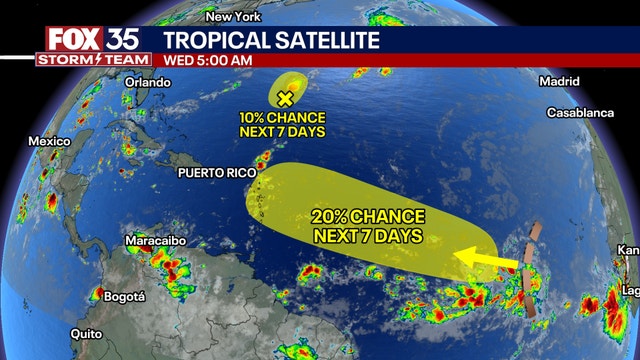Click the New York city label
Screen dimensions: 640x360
pyautogui.click(x=233, y=18)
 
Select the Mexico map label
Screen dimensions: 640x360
pyautogui.click(x=47, y=141)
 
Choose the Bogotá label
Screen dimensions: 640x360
pyautogui.click(x=124, y=296)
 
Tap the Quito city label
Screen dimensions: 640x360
pyautogui.click(x=89, y=334)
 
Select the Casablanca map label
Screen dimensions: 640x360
pyautogui.click(x=580, y=113)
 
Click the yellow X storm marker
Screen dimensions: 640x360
pyautogui.click(x=285, y=98)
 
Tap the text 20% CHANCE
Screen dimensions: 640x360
pyautogui.click(x=368, y=217)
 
